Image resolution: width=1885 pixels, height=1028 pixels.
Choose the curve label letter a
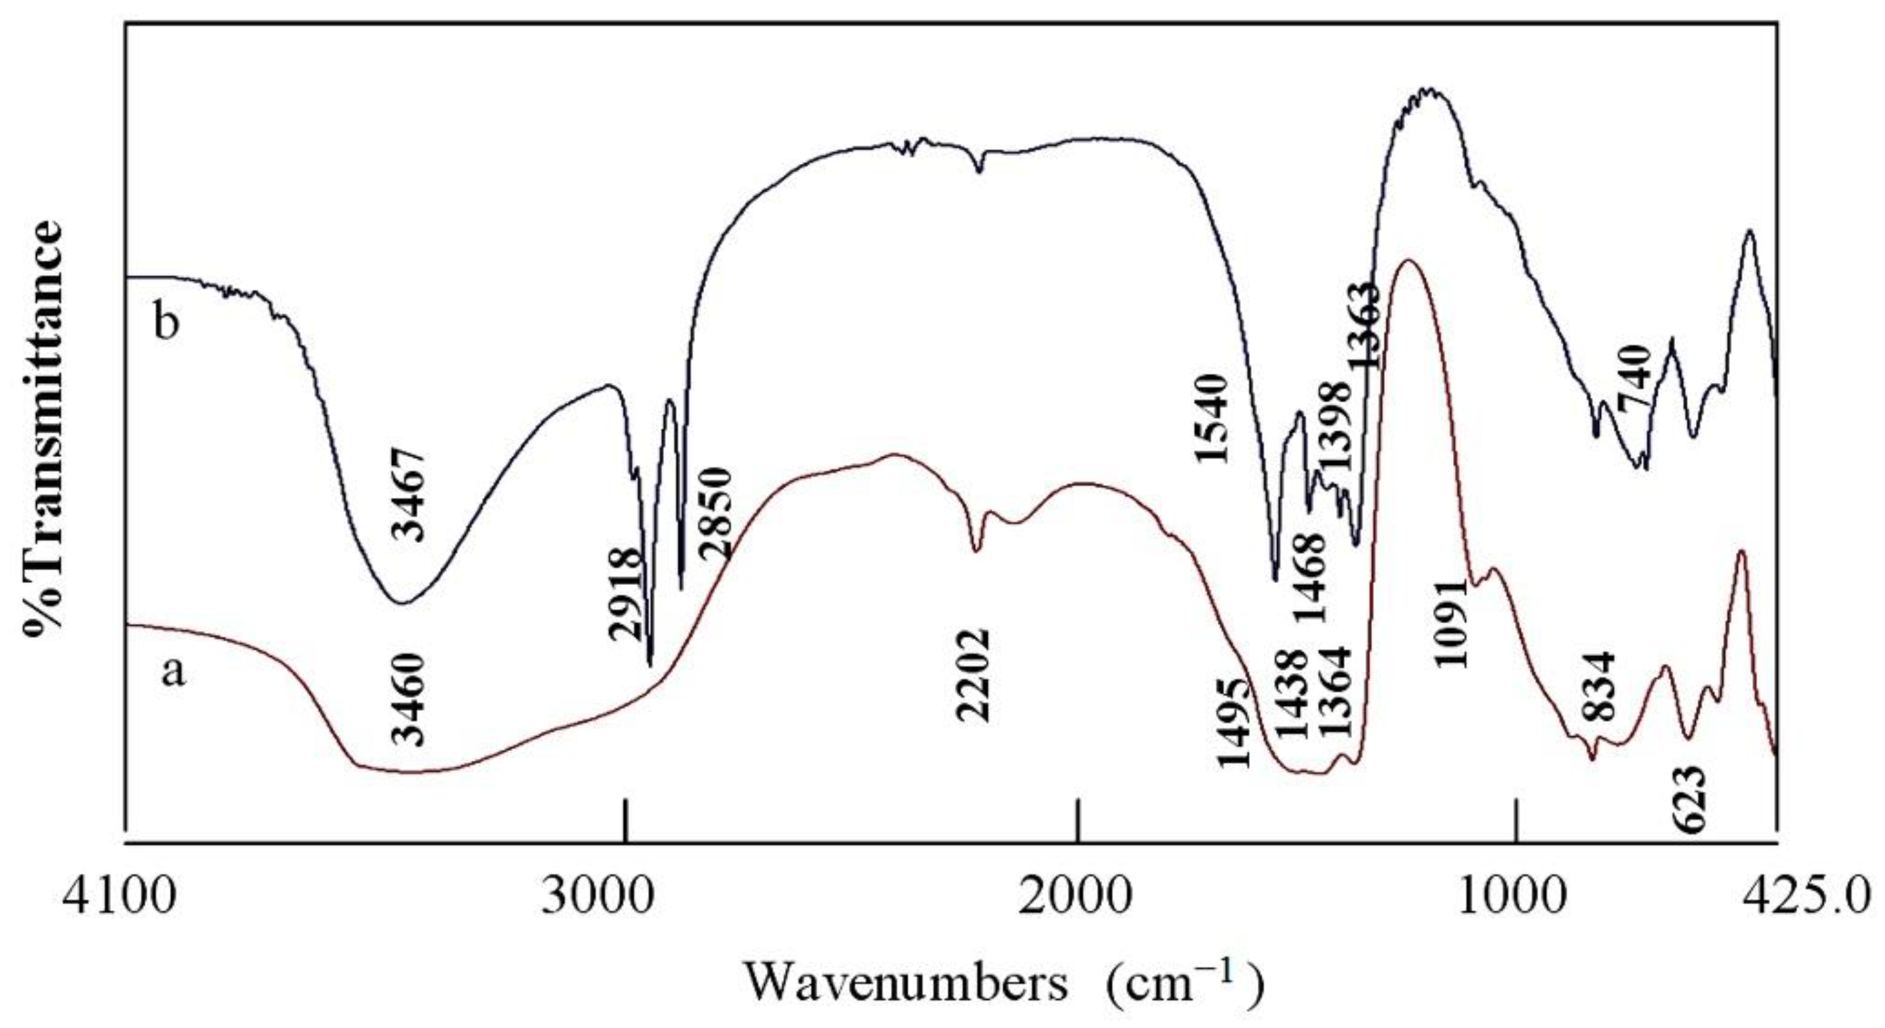click(173, 671)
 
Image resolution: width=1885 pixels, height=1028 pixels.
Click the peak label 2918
click(627, 595)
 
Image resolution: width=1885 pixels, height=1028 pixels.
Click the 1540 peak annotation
click(1209, 418)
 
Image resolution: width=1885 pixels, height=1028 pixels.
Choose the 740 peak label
click(1634, 379)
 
